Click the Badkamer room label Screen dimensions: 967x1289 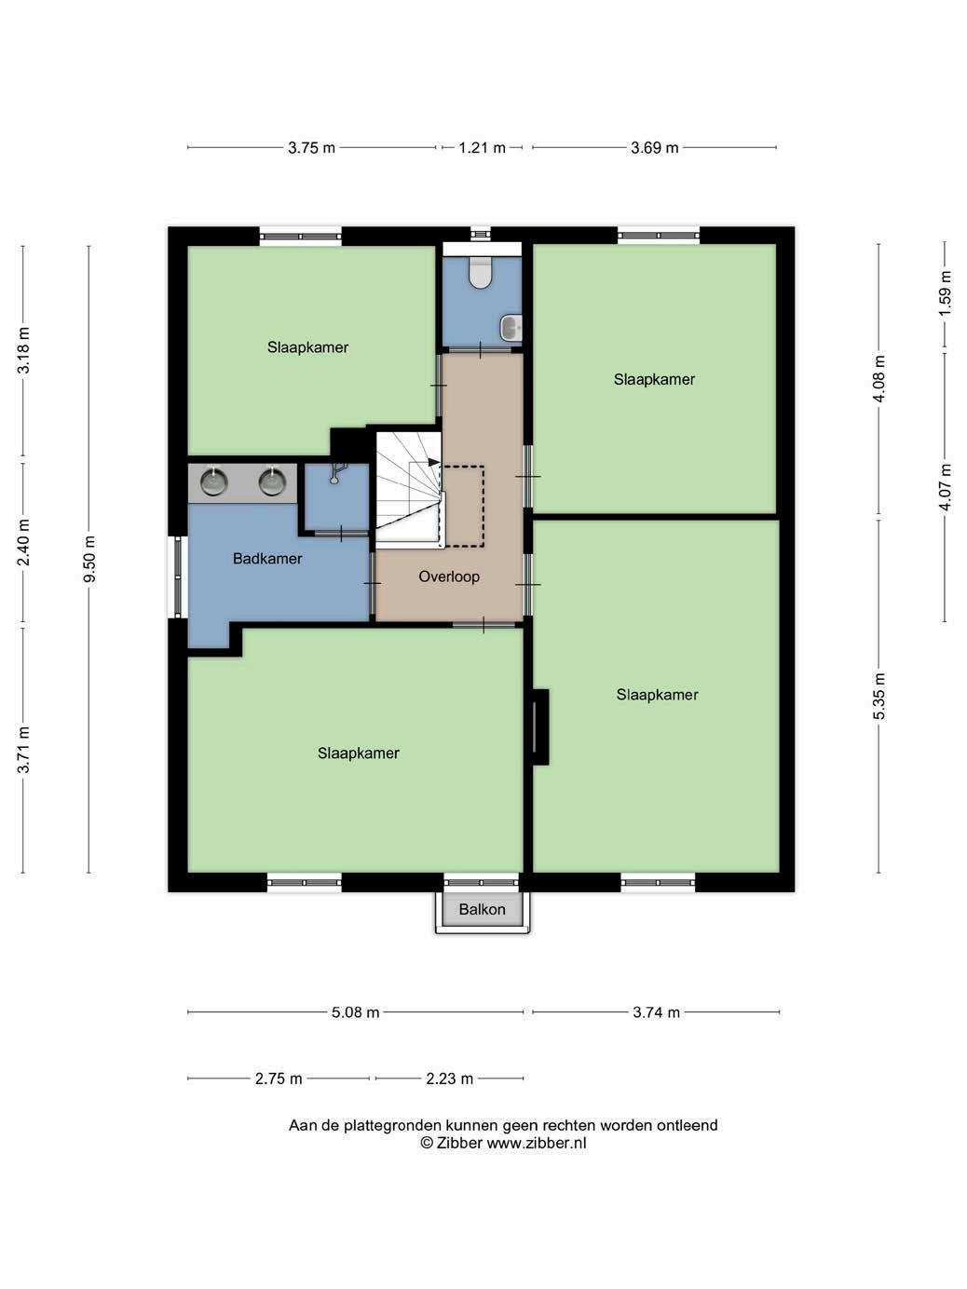267,558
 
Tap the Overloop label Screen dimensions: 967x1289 449,577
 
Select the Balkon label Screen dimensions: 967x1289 482,909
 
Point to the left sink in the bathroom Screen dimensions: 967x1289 214,482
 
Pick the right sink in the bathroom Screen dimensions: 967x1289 272,482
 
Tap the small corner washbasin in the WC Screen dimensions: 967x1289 511,328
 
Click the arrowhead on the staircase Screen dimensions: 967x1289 433,462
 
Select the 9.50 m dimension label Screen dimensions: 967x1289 89,559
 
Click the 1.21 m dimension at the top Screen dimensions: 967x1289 482,147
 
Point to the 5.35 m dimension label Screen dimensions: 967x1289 878,696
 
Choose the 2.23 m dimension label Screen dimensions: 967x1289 449,1079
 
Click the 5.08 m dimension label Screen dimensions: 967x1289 355,1011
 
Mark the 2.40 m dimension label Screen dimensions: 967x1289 23,542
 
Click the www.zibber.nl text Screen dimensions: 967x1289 536,1142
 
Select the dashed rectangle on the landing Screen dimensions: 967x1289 464,507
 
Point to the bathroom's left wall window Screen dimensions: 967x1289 178,577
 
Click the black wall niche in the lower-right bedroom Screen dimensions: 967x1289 540,727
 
